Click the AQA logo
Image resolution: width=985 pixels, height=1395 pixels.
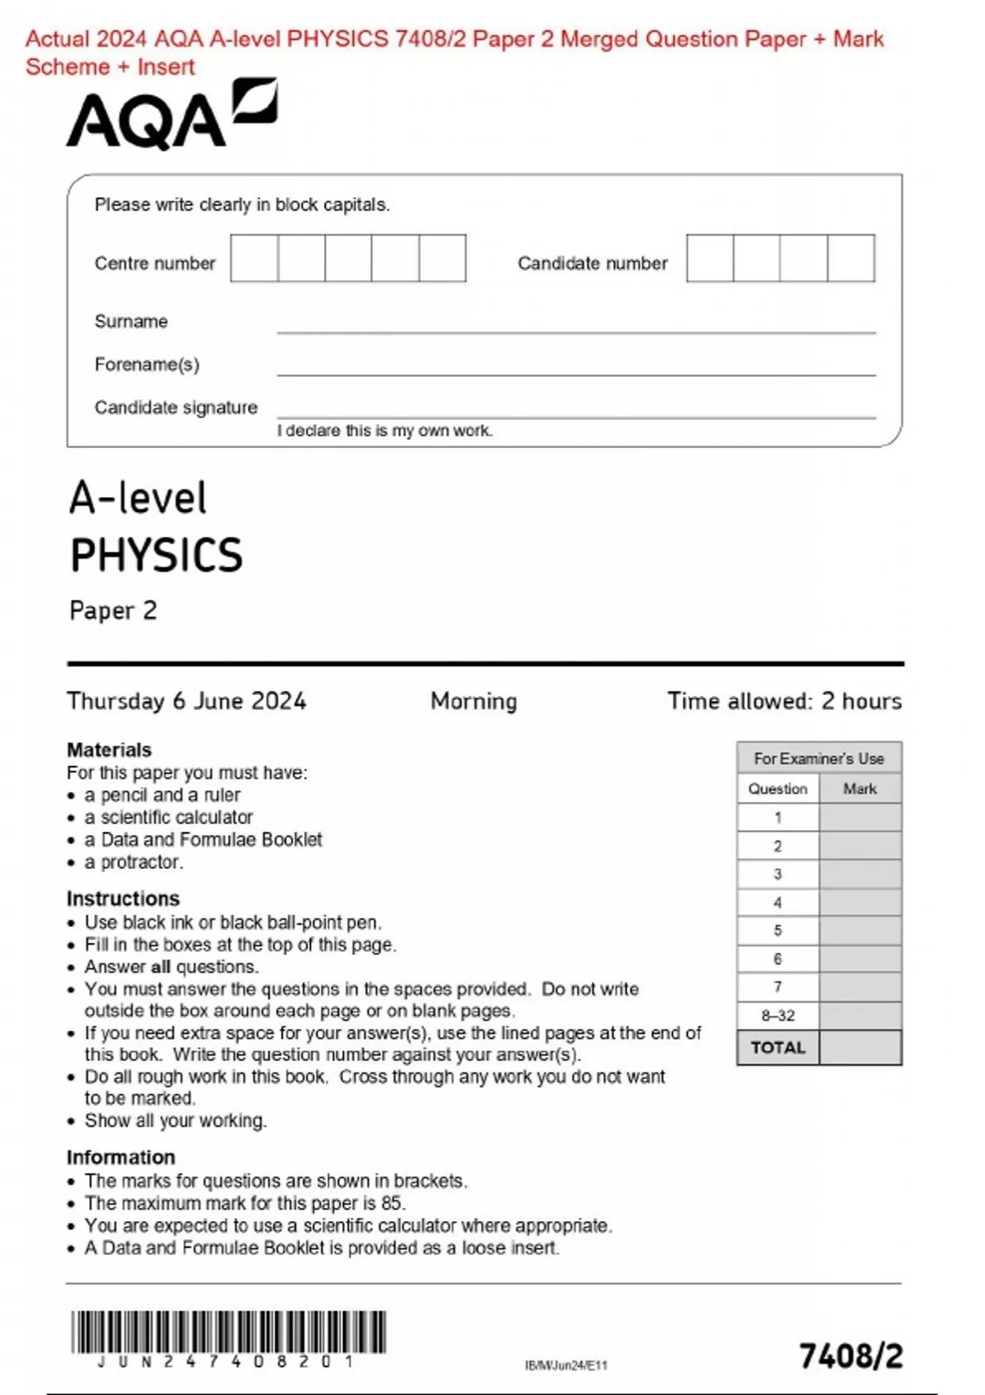(x=171, y=117)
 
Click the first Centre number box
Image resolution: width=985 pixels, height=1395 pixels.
(x=254, y=258)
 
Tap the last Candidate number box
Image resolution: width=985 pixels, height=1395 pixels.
(x=851, y=258)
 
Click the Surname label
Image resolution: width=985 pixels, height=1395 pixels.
(x=131, y=322)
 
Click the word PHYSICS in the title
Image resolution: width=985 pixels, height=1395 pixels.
(x=157, y=556)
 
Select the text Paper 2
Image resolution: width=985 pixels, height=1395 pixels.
(x=112, y=611)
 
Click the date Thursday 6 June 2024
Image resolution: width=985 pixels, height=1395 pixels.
(x=186, y=701)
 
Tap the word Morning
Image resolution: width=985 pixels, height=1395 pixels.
(x=474, y=701)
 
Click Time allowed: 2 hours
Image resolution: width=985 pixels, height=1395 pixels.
(x=784, y=701)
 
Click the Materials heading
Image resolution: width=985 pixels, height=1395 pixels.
(x=108, y=749)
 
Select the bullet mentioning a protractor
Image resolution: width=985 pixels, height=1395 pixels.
(x=133, y=862)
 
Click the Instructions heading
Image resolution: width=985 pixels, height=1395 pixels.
(x=122, y=898)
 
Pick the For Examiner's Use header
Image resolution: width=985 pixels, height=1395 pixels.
(x=818, y=758)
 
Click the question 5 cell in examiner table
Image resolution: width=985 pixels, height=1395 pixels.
(x=777, y=931)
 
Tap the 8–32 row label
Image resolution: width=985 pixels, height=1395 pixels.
(x=777, y=1015)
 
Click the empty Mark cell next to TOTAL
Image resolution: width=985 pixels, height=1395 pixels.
(x=859, y=1048)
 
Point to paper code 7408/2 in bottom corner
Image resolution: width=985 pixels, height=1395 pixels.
(x=850, y=1356)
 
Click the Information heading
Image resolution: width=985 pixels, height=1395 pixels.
(x=121, y=1157)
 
